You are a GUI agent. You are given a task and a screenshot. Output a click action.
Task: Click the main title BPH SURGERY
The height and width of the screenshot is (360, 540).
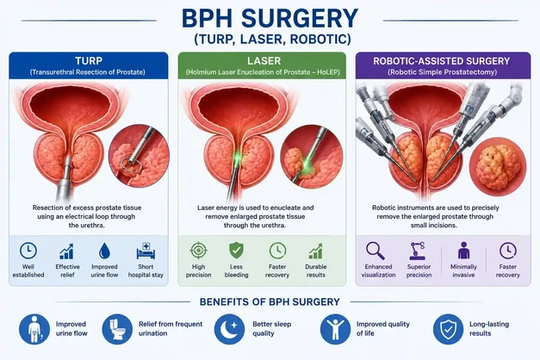coord(270,18)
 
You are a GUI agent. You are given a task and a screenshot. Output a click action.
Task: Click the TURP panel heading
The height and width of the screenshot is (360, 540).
coord(89,61)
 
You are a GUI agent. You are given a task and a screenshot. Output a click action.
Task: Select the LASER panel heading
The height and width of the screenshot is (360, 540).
coord(264,61)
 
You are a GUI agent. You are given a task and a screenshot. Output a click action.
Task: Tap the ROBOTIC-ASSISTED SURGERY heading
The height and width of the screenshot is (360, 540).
coord(442,61)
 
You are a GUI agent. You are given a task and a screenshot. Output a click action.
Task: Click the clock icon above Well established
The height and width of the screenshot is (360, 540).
coord(28,251)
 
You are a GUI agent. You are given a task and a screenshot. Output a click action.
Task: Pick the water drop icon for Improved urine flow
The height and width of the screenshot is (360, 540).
coord(104,251)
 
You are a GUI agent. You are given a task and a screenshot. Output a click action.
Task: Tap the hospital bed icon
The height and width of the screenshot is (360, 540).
coord(146,251)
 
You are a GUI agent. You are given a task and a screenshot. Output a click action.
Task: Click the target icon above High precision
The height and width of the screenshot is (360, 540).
coord(199,251)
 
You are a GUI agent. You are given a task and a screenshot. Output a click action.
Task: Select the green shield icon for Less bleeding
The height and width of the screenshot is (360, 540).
coord(236,251)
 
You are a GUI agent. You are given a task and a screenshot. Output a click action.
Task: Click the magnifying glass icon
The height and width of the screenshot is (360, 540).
coord(375,251)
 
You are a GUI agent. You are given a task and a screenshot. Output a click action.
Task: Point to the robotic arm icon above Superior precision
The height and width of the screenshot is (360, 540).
coord(418,251)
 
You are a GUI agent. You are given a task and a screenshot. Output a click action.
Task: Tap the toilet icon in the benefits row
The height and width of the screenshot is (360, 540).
coord(117,329)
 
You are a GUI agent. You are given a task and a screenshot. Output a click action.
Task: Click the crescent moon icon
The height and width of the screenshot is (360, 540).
coord(229,329)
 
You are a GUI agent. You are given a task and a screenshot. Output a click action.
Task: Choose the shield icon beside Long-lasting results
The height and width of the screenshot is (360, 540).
coord(448,329)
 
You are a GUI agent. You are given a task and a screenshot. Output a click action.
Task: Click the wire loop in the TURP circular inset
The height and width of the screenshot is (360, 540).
coord(131,165)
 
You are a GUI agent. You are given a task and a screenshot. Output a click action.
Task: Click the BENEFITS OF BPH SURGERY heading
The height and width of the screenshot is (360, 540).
coord(270,301)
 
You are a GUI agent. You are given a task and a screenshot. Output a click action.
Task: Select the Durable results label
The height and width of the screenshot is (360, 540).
coord(316,270)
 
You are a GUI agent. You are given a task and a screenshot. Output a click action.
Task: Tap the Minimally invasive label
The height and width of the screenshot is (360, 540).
coord(463,270)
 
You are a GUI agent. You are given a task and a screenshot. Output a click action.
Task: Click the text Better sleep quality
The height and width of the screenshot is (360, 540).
coord(271,329)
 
